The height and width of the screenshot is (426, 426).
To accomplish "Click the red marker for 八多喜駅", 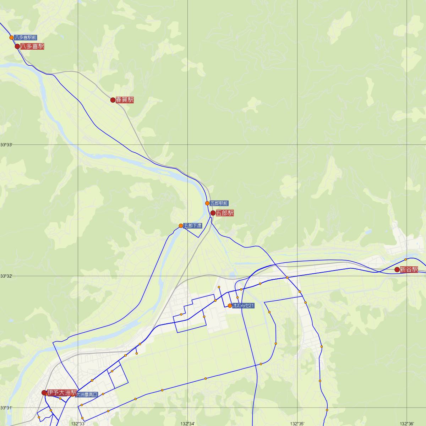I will click(17, 47).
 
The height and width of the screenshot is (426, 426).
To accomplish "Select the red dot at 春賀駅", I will click(113, 100).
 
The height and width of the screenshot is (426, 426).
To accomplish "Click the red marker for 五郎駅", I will click(213, 213).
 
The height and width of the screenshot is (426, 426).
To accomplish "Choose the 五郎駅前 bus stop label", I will click(219, 203).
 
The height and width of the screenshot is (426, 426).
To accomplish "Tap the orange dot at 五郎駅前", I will click(207, 203).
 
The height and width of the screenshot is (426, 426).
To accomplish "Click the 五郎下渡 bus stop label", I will click(193, 226).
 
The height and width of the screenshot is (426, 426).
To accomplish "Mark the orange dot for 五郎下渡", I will click(181, 226).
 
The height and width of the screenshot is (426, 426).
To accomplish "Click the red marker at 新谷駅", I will click(397, 269).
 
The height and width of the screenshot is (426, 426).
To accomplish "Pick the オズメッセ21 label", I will click(244, 306).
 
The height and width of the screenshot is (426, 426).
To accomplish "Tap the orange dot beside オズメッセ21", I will click(230, 306).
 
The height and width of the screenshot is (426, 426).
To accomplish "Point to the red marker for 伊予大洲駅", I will click(44, 393).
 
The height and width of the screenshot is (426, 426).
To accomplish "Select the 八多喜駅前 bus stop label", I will click(26, 37).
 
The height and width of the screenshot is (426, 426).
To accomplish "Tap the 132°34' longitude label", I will click(187, 424).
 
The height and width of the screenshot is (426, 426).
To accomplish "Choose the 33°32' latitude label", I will click(6, 276).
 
